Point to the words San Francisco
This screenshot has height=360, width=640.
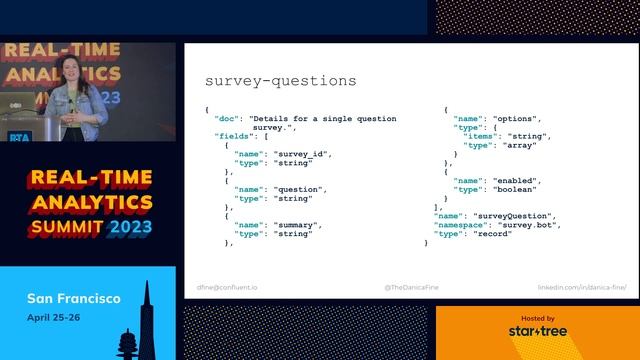point(73,299)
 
